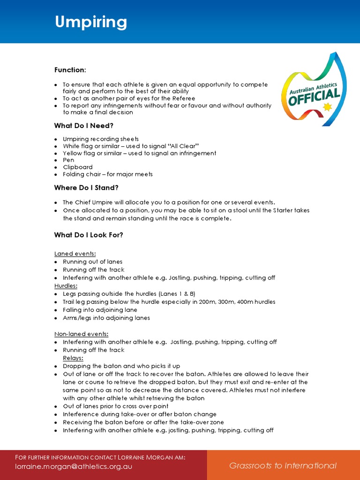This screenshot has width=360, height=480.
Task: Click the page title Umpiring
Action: pos(90,22)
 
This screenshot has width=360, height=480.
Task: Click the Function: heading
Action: pos(70,70)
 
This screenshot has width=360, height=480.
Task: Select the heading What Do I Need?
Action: pos(83,126)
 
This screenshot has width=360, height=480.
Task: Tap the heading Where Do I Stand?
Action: pos(86,187)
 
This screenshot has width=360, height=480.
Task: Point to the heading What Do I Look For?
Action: pos(89,235)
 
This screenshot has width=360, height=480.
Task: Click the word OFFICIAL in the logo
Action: pos(314,97)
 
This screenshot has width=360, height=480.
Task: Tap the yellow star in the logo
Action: pos(327,107)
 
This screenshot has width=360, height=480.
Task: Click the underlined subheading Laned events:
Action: pos(75,254)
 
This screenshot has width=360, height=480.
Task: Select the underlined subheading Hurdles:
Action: pos(66,285)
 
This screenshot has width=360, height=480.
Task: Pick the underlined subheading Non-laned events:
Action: pos(81,334)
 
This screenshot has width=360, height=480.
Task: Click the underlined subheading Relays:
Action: pos(73,358)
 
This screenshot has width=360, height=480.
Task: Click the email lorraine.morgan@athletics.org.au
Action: pos(74,466)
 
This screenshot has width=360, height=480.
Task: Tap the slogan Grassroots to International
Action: pos(283,465)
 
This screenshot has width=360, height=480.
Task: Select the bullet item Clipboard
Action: pos(78,167)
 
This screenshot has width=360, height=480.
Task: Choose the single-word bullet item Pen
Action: pos(68,160)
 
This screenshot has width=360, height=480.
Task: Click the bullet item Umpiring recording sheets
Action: pos(101,139)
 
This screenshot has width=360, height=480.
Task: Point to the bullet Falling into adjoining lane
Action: pos(100,310)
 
